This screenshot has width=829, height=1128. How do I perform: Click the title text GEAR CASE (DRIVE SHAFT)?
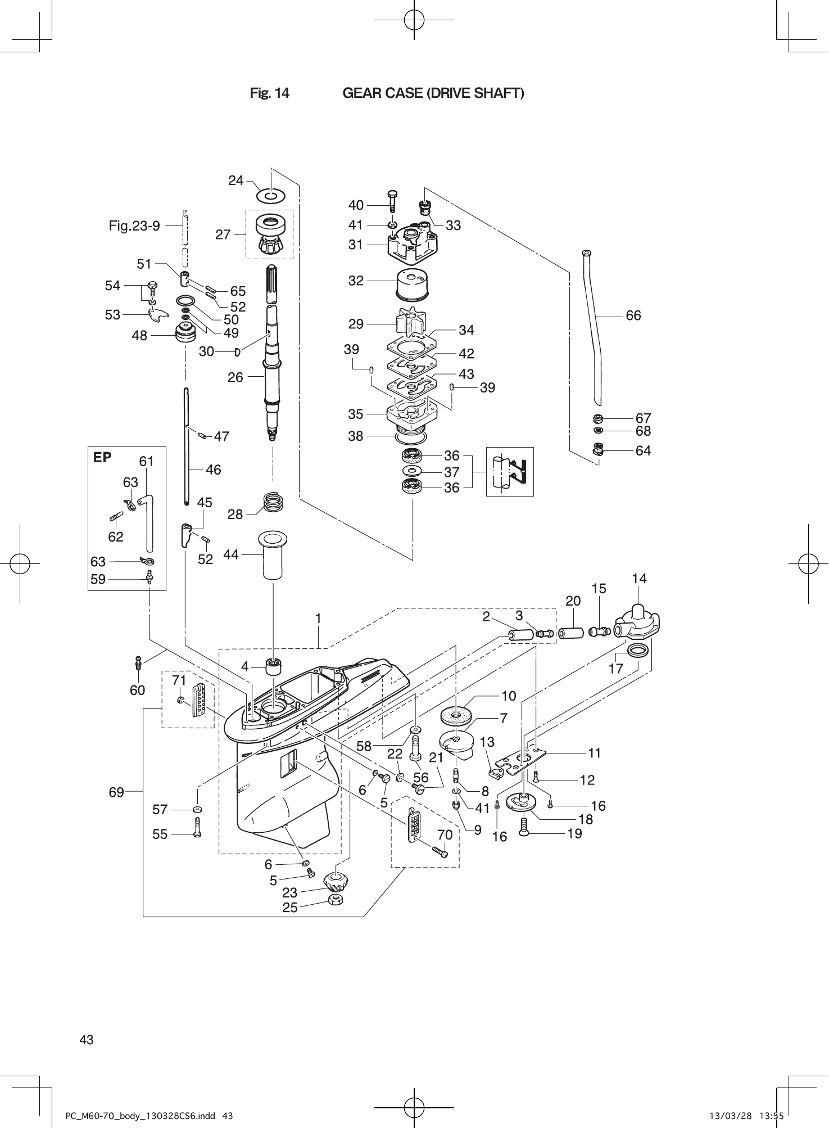[x=433, y=93]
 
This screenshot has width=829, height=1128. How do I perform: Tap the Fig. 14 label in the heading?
[x=270, y=93]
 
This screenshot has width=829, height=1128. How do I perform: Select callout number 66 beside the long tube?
[x=633, y=315]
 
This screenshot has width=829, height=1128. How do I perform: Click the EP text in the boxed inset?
[x=102, y=458]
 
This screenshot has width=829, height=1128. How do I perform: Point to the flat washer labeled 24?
[x=270, y=196]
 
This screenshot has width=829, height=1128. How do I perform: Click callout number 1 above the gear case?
[x=318, y=619]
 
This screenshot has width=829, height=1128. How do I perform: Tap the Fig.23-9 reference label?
[x=134, y=226]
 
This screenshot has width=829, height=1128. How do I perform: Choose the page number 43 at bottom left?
[x=87, y=1040]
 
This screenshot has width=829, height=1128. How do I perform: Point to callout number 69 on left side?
[x=116, y=792]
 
